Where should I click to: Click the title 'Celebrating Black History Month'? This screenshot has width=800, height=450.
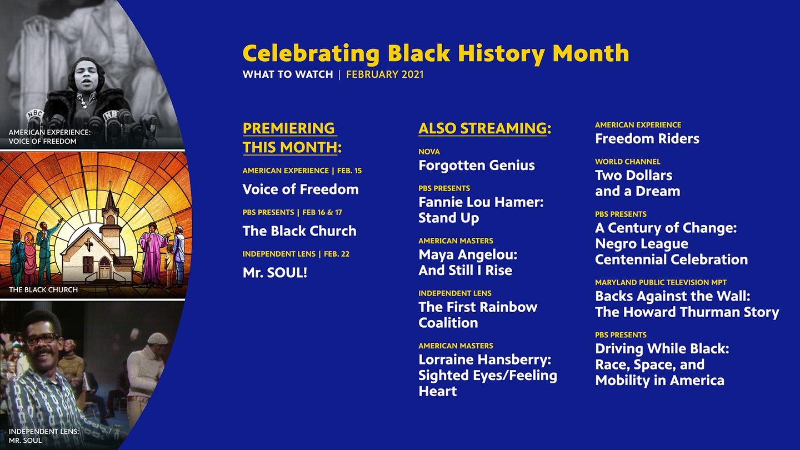pos(436,53)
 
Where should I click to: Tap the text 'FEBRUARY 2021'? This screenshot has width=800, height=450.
pos(384,74)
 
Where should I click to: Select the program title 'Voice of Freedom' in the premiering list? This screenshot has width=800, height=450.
pos(301,189)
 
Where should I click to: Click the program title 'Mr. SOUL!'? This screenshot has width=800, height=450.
pos(274,273)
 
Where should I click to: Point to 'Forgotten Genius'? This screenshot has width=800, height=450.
pos(477,166)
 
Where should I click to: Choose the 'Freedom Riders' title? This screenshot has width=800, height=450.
pos(647,138)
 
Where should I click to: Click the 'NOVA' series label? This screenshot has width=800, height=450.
pos(429,152)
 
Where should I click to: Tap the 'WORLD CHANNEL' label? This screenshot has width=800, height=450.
pos(628,162)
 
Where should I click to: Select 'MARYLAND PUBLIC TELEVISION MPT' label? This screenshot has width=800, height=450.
pos(661,282)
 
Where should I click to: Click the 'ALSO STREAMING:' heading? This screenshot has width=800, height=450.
pos(484,128)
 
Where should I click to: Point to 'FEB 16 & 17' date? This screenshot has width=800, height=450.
pos(322,212)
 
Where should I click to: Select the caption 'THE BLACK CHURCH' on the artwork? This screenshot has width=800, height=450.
pos(43,289)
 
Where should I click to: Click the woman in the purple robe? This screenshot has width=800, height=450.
pos(153,253)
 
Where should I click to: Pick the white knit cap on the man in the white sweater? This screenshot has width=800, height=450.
pos(157,338)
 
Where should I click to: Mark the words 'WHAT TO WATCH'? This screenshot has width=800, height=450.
pos(288,74)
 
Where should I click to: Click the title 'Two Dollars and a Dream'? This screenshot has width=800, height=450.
pos(638,183)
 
